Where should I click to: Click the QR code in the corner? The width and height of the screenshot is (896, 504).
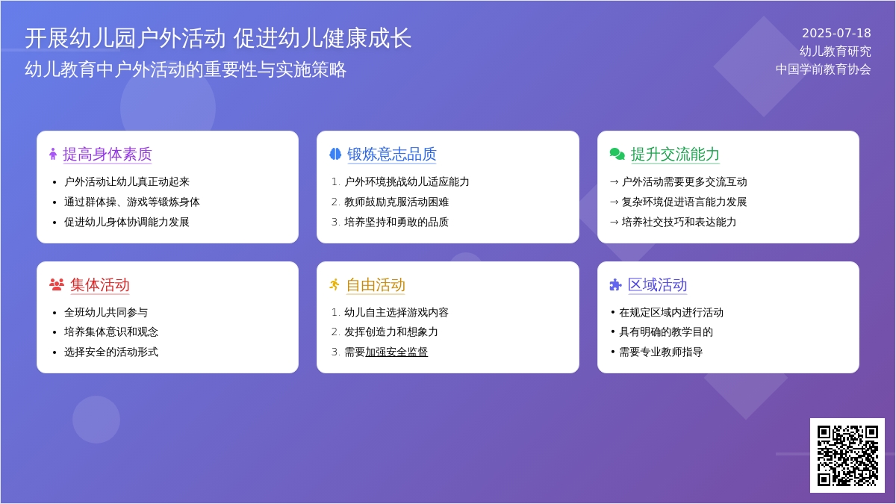point(847,455)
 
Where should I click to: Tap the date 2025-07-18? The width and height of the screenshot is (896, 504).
point(836,33)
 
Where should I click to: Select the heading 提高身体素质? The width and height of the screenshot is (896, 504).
point(108,154)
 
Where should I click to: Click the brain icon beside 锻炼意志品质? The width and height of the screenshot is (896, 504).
point(335,154)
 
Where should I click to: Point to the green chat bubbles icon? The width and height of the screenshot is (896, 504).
point(617,154)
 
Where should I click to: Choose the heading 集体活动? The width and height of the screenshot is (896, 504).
point(99,284)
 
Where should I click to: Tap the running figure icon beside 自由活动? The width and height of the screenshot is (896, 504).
point(335,284)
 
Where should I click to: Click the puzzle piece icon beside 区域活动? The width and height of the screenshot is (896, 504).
point(615,284)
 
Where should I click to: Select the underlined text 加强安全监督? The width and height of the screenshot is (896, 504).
point(396,352)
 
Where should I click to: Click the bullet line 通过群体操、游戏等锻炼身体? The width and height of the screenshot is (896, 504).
point(131,202)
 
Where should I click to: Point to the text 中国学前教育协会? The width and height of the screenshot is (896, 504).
point(823,69)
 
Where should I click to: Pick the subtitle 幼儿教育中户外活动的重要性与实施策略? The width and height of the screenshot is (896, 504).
point(186,69)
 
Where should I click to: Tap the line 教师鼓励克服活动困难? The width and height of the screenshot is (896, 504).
point(396,202)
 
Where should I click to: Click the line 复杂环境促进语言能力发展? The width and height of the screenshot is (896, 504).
point(684,202)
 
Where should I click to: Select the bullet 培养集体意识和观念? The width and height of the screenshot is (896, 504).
point(111,332)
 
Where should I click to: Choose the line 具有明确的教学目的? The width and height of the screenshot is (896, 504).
point(666,332)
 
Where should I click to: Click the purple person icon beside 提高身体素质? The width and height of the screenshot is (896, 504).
point(53,154)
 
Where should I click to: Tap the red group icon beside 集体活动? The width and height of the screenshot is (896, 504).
point(57,284)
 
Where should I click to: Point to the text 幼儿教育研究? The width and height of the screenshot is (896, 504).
point(836,52)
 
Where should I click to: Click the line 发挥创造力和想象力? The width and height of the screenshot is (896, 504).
point(391,332)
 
